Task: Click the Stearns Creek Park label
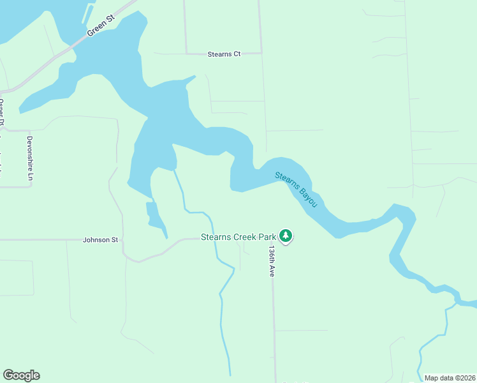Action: [238, 237]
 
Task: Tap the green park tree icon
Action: [286, 236]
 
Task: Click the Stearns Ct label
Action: [224, 54]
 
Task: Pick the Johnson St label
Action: [101, 240]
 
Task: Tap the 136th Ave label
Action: [272, 260]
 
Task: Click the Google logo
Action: [21, 375]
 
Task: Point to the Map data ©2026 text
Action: [450, 378]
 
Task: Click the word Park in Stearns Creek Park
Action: [267, 237]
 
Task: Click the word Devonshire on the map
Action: [29, 152]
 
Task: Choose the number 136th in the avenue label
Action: [272, 255]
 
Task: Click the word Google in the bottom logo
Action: [21, 375]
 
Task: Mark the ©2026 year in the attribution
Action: [464, 378]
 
